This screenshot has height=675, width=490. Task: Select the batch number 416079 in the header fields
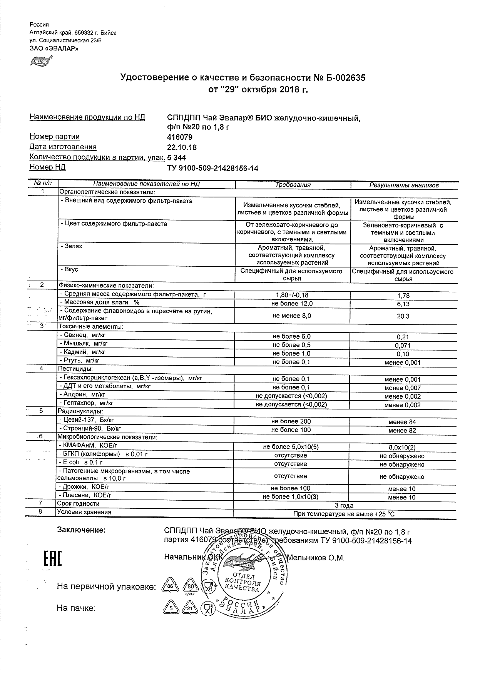point(180,137)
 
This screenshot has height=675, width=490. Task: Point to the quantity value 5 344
point(177,157)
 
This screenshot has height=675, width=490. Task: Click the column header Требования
point(293,185)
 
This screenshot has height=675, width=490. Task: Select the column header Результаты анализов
point(404,185)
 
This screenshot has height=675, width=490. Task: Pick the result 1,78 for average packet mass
point(403,296)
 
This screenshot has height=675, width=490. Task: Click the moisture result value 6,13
point(403,304)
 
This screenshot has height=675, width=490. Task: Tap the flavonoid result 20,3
point(403,316)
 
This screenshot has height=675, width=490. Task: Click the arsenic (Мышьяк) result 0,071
point(403,346)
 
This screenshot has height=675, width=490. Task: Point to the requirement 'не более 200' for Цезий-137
point(291,421)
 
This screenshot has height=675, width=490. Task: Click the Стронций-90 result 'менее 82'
point(402,431)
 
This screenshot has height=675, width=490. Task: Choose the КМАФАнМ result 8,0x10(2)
point(402,448)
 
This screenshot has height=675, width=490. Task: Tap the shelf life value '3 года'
point(344,505)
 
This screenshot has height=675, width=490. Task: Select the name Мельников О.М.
point(316,558)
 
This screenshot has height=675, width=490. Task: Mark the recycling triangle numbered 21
point(190,608)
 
